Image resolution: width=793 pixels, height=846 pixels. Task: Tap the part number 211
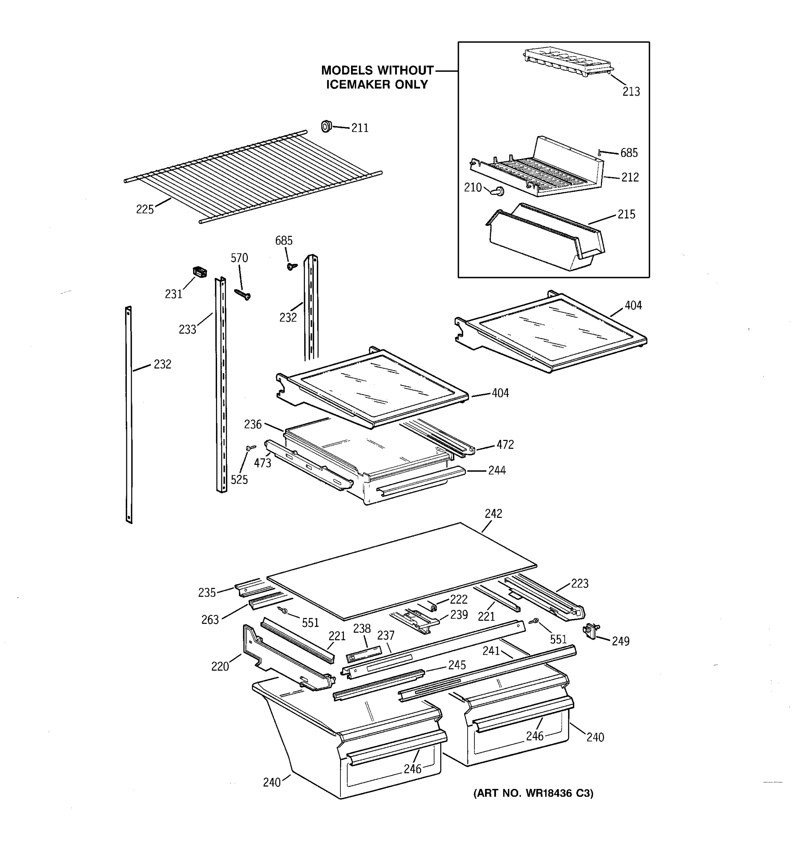[x=359, y=128]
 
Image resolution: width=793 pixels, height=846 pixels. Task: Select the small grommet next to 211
[x=326, y=126]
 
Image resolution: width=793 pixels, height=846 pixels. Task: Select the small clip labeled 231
[x=199, y=271]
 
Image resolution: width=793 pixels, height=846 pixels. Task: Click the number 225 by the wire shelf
[x=145, y=209]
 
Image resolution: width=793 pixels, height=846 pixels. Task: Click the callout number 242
[x=493, y=514]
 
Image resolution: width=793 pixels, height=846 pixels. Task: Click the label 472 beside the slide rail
[x=505, y=445]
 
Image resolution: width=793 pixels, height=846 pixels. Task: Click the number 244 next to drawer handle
[x=497, y=471]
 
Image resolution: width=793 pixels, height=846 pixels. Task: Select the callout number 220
[x=220, y=667]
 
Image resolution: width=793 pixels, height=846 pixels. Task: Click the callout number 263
[x=210, y=620]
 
